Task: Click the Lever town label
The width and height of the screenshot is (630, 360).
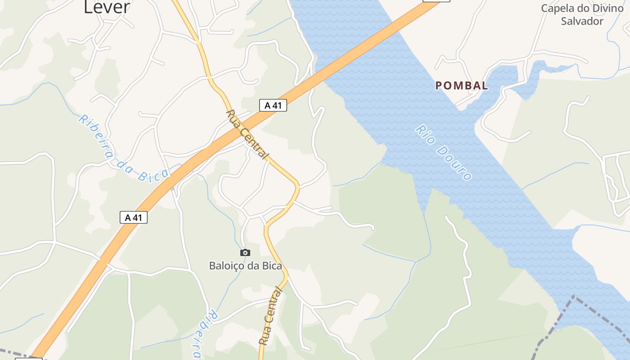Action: click(x=107, y=6)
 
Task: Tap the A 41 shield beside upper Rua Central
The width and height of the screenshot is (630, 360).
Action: click(x=273, y=106)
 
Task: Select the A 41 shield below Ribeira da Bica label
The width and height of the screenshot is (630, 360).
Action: click(x=134, y=217)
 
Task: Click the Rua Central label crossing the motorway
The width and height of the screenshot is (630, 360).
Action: click(x=246, y=134)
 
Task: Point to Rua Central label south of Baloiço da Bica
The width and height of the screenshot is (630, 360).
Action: click(x=271, y=317)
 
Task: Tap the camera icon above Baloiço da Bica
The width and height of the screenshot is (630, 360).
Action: click(x=245, y=252)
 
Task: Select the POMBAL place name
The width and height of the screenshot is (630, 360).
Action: click(x=462, y=85)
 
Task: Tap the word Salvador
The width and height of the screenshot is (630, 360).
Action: click(x=582, y=21)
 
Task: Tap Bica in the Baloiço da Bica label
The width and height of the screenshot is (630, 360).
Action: click(x=271, y=266)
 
